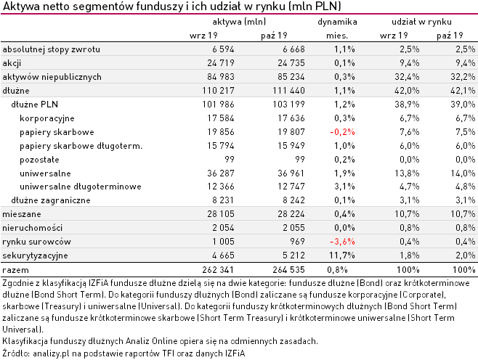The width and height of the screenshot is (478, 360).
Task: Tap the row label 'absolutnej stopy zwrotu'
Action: (52, 49)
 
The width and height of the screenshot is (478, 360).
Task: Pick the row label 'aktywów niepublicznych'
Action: (50, 76)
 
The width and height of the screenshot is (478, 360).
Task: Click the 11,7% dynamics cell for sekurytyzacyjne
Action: (343, 255)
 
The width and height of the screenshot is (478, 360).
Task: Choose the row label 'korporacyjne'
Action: (47, 118)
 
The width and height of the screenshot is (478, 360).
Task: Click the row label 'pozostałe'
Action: (41, 159)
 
